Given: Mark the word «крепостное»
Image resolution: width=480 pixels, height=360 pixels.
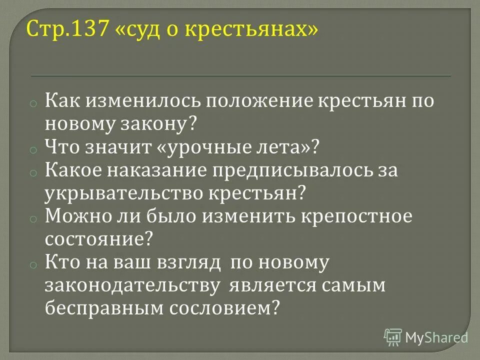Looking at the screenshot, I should pyautogui.click(x=363, y=216).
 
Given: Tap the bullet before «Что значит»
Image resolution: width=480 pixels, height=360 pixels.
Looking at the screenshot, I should pyautogui.click(x=31, y=149).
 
